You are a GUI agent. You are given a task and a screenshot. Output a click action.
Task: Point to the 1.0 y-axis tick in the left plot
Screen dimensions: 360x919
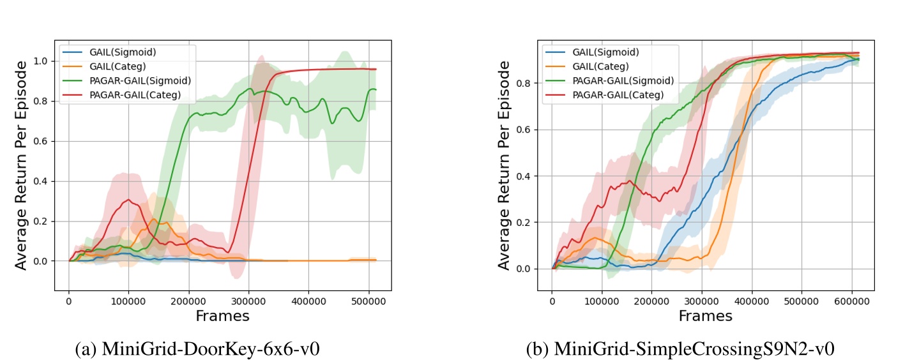[x=40, y=61]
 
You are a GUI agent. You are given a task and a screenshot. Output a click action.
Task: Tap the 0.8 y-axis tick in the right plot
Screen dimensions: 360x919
[x=523, y=83]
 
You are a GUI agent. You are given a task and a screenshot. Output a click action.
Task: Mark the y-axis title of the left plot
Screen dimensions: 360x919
[x=21, y=165]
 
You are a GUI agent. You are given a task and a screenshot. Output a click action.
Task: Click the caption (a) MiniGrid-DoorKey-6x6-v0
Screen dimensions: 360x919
[x=197, y=349]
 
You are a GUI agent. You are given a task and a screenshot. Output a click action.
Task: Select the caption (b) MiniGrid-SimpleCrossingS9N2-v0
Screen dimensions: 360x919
[x=680, y=349]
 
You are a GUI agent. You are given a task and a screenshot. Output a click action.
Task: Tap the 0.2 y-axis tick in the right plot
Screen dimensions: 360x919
[x=523, y=222]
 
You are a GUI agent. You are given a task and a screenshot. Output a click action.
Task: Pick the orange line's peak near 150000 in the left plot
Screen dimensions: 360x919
[x=153, y=220]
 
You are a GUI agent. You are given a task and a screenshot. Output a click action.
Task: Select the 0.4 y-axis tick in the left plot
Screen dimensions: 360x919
[x=40, y=181]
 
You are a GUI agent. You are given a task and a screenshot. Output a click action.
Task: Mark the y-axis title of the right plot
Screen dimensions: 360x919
[x=504, y=165]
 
